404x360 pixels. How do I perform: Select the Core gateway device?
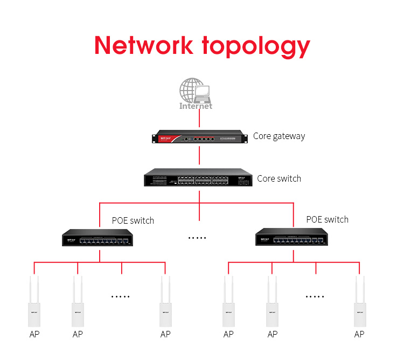pos(199,137)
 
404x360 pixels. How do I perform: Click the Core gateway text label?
pos(279,136)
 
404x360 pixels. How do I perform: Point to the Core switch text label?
pos(279,178)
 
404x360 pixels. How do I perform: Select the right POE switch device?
pos(293,237)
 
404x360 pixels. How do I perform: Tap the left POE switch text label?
pos(133,220)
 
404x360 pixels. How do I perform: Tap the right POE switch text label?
pos(327,219)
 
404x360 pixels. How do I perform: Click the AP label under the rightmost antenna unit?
pos(359,334)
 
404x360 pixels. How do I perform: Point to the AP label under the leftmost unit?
pos(34,334)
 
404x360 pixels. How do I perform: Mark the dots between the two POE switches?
pos(197,238)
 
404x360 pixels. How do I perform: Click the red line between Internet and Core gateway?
pos(199,120)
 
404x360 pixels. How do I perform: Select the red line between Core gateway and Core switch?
pos(199,156)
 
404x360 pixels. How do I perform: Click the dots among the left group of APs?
pos(121,296)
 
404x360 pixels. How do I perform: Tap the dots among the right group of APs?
pos(315,296)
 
